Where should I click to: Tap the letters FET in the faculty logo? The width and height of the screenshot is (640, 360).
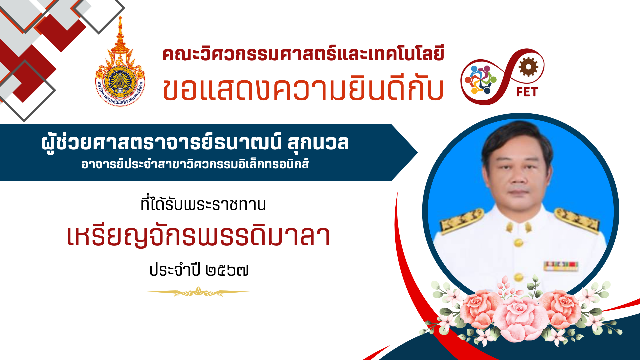coord(527,92)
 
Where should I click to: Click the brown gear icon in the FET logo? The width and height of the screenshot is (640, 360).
coord(528,67)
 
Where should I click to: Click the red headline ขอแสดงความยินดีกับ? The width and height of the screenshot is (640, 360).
coord(303,88)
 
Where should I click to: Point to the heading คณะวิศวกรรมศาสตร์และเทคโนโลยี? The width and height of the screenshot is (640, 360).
coord(303,54)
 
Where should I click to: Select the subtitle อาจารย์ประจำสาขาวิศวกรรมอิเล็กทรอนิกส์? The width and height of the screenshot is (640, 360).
coord(195,164)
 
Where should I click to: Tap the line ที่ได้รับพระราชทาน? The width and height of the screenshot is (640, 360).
coord(203,204)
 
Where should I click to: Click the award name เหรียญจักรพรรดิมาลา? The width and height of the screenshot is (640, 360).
coord(199,236)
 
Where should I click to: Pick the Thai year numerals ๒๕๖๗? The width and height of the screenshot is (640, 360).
coord(227,270)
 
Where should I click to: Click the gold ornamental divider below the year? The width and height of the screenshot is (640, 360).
coord(198,292)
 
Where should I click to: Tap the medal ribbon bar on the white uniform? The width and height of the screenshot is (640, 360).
coord(561,266)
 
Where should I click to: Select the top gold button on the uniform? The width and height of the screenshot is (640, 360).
coord(518,242)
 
